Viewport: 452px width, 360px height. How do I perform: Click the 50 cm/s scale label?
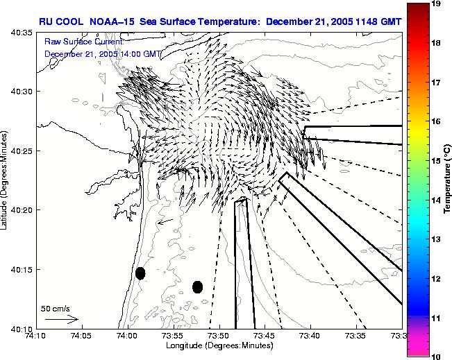55,308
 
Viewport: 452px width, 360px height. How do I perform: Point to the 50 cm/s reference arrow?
61,319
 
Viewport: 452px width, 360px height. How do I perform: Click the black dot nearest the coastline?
140,273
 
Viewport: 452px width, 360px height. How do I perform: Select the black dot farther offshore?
197,286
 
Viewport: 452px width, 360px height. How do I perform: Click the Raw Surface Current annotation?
84,42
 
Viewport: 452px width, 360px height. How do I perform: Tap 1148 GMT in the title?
376,22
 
